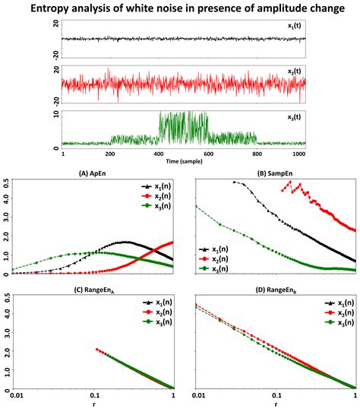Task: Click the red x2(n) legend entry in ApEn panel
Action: [x=157, y=196]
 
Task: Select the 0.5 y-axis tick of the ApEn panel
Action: [x=7, y=182]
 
